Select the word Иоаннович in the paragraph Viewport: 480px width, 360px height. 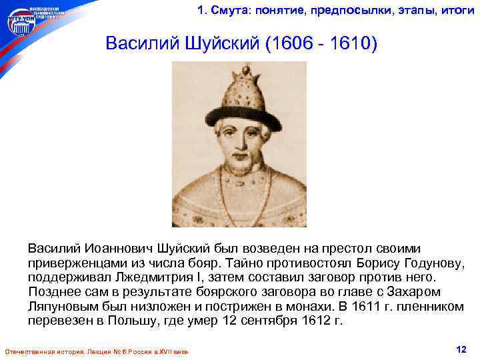(113, 248)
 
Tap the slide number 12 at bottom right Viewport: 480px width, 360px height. (459, 349)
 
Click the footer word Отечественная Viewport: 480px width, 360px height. (27, 351)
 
